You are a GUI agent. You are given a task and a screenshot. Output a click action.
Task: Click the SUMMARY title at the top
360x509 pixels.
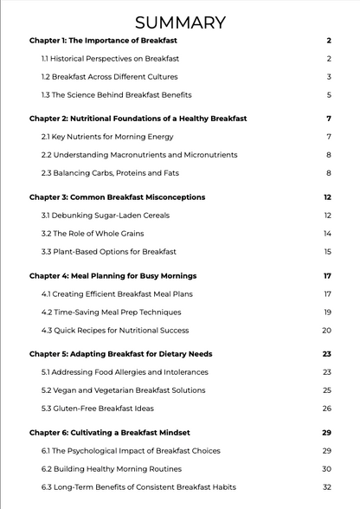coord(180,23)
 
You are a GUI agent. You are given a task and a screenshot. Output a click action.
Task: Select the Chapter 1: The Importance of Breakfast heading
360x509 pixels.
coord(111,41)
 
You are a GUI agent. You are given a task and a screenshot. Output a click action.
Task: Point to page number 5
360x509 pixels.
coord(330,94)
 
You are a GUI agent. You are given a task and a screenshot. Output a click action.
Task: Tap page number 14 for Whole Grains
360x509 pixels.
coord(328,234)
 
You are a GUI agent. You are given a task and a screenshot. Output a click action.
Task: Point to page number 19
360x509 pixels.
coord(328,312)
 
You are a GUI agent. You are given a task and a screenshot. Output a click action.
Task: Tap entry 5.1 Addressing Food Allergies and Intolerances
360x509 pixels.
coord(125,372)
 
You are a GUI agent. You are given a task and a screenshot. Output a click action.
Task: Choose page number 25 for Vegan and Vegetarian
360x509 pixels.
coord(327,390)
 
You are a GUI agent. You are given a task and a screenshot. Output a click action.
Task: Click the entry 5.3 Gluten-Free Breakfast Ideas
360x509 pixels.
coord(102,409)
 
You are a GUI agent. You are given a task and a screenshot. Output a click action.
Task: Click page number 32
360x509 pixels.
coord(327,487)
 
